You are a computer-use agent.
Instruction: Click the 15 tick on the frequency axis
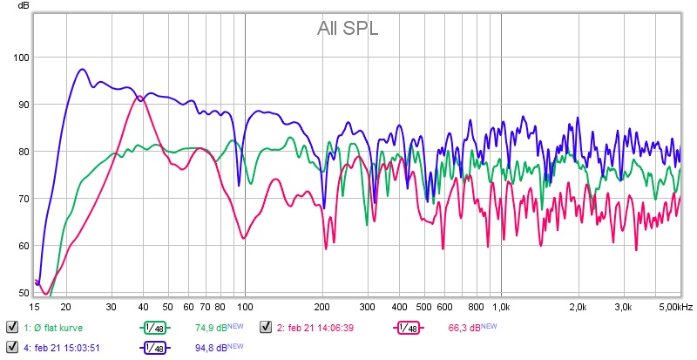pos(35,307)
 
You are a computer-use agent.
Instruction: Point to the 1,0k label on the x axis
pos(501,307)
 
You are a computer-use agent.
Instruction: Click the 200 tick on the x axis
pos(321,307)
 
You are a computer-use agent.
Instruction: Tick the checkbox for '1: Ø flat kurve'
pos(12,328)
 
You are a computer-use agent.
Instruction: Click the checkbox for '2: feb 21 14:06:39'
pos(267,328)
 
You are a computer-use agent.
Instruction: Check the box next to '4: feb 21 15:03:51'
pos(12,348)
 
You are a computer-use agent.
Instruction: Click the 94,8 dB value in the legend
pos(210,348)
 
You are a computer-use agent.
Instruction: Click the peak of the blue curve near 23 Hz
pos(83,69)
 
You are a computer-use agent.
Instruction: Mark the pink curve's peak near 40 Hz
pos(137,96)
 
